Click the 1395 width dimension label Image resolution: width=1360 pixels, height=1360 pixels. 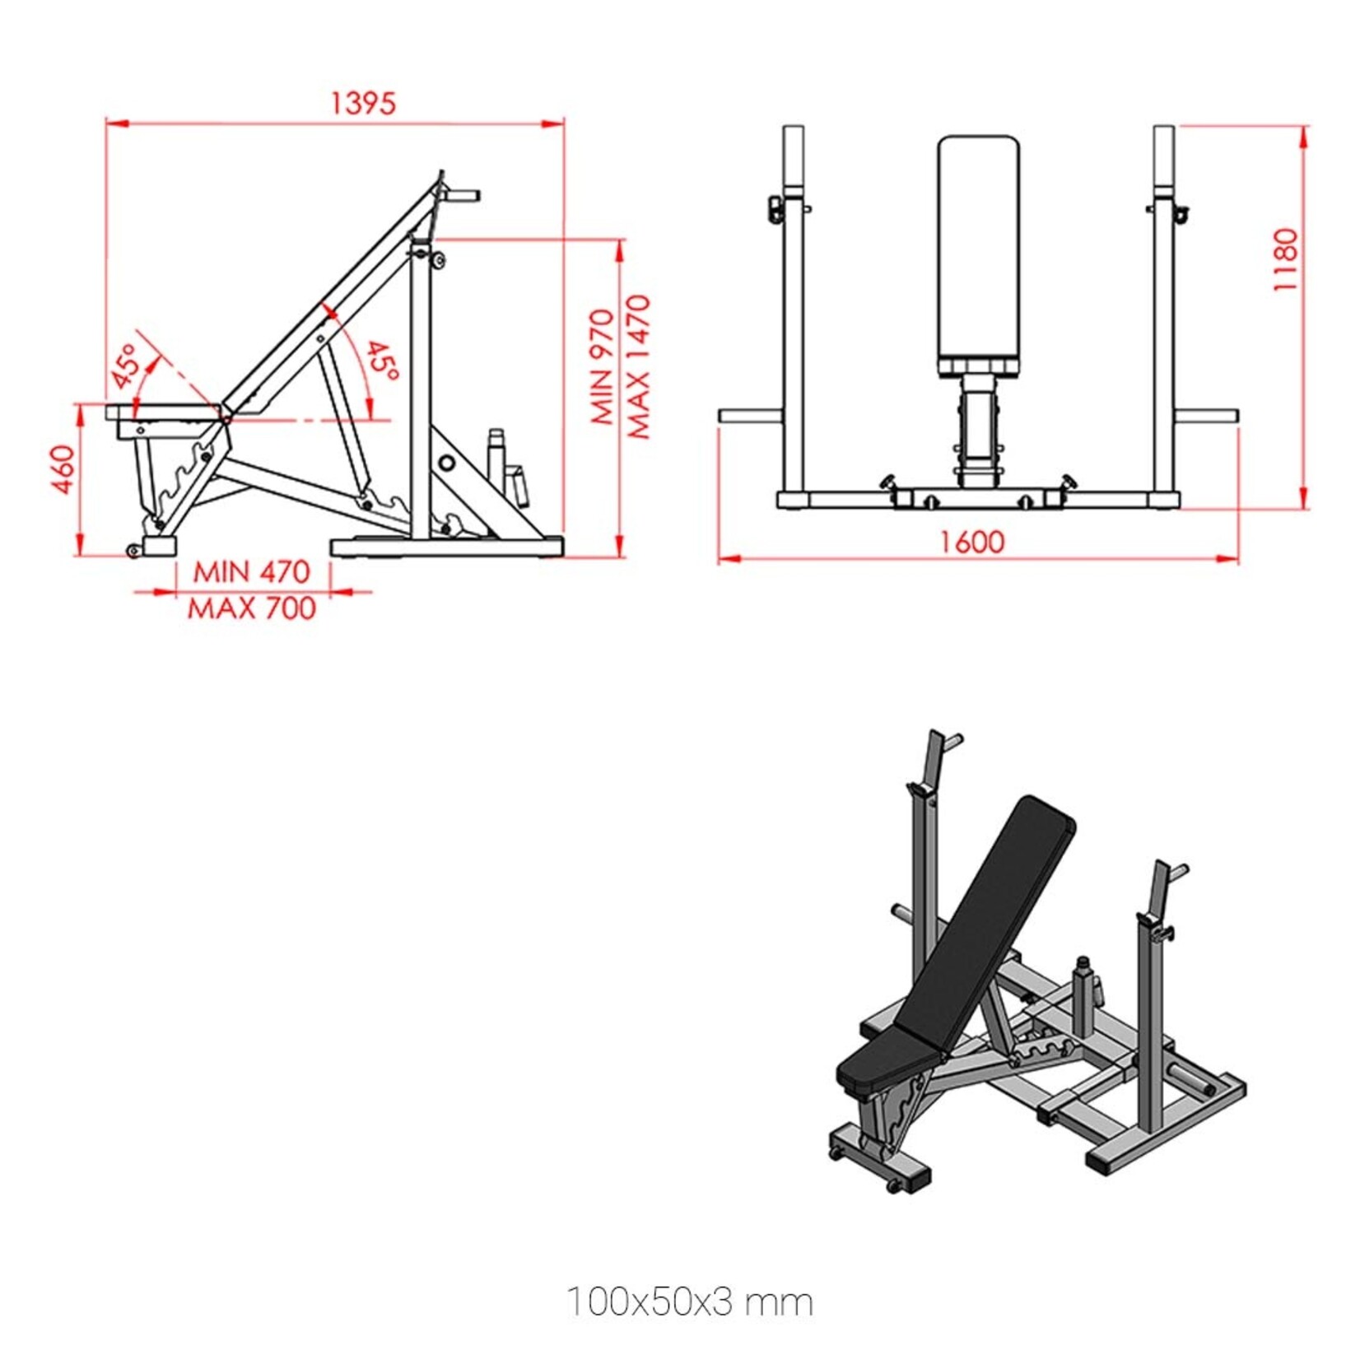coord(363,103)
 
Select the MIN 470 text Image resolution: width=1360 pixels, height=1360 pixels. coord(251,571)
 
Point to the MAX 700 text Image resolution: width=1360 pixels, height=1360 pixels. coord(252,608)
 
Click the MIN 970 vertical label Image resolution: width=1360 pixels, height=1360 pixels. coord(603,366)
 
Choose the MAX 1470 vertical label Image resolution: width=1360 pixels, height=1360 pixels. coord(639,366)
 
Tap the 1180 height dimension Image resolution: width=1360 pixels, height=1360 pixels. coord(1284,259)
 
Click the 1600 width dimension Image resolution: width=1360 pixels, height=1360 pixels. coord(972,542)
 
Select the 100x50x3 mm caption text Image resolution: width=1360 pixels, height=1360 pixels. coord(690,1302)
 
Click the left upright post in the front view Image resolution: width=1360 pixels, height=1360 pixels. coord(794,329)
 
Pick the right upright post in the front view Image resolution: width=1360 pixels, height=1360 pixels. coord(1163,329)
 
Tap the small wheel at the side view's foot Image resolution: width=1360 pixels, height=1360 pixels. coord(133,551)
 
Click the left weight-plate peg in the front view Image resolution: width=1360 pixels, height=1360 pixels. coord(749,416)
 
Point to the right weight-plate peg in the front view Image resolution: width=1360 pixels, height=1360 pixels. coord(1207,416)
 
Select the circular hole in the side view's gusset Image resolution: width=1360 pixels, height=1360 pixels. coord(446,463)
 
